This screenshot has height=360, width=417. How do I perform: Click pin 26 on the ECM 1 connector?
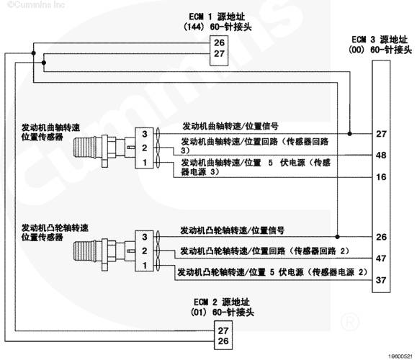(x=219, y=42)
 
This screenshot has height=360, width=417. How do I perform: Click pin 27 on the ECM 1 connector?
(x=219, y=54)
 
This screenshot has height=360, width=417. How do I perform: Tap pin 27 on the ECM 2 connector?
(x=223, y=330)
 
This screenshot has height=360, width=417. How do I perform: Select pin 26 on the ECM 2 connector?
(x=223, y=341)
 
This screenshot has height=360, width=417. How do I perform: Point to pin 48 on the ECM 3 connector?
(x=381, y=155)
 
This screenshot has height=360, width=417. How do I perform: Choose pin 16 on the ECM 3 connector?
(x=381, y=177)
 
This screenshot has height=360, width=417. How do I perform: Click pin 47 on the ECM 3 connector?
(x=381, y=258)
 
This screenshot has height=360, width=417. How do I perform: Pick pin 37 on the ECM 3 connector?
(x=381, y=280)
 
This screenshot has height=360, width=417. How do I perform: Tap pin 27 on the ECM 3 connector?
(x=381, y=134)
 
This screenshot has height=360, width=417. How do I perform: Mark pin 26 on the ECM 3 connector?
(x=381, y=237)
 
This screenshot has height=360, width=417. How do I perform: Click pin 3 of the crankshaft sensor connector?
(x=145, y=134)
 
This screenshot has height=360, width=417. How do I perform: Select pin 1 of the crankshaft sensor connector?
(x=145, y=162)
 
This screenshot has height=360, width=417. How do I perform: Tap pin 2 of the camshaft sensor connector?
(x=145, y=251)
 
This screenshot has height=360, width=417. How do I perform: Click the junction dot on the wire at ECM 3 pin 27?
(x=350, y=134)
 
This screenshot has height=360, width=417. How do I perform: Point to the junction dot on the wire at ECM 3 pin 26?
(x=338, y=237)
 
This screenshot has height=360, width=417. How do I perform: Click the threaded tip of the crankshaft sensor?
(x=83, y=148)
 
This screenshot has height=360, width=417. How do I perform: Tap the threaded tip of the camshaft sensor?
(x=83, y=251)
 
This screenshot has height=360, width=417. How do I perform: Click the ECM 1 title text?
(x=218, y=22)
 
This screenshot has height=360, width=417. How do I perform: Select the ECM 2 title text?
(x=223, y=307)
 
